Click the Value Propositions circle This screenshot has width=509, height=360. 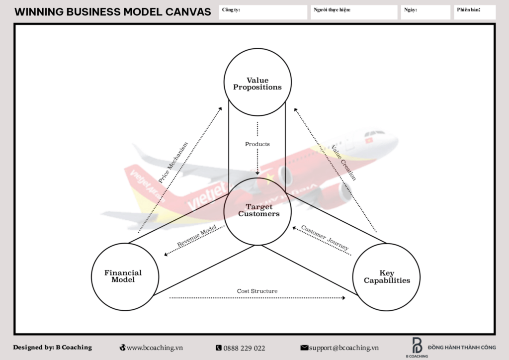tap(257, 84)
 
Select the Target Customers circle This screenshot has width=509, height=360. tap(258, 210)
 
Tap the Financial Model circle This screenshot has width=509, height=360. tap(123, 276)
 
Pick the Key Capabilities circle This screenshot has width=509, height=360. tap(387, 277)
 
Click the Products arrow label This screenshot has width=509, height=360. tap(257, 144)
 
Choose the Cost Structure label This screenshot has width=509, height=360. tap(257, 291)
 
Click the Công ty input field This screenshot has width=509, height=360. tap(263, 12)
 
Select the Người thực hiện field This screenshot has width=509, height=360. tap(354, 12)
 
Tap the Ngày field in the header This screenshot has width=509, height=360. tap(425, 12)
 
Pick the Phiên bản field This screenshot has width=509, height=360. tap(475, 12)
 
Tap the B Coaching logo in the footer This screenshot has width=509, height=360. tap(417, 347)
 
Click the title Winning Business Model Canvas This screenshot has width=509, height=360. tap(112, 12)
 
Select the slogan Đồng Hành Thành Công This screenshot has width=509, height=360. tap(462, 348)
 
